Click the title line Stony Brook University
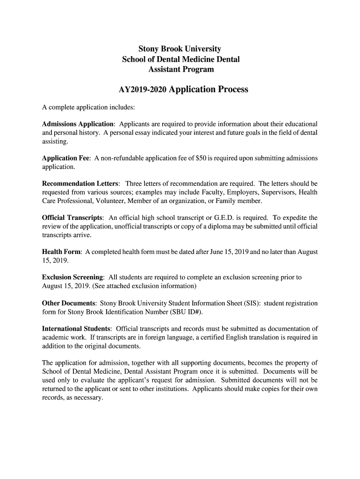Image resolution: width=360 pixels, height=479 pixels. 180,49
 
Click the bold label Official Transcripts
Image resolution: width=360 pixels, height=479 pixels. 72,218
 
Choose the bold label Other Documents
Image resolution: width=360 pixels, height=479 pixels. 69,303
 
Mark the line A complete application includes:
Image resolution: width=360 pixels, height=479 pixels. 88,108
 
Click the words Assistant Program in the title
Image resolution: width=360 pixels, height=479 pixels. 181,70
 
